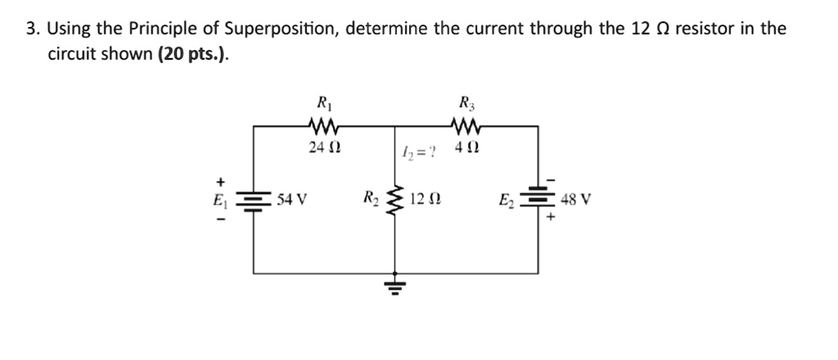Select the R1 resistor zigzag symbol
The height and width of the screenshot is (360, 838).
(x=322, y=126)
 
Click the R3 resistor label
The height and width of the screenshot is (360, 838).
(x=466, y=104)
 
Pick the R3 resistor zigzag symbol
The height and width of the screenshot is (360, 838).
(x=466, y=126)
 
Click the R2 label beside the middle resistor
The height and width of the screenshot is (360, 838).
(x=371, y=198)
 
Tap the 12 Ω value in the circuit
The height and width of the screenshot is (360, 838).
(x=429, y=199)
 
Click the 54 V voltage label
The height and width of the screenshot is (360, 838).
(x=291, y=199)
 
